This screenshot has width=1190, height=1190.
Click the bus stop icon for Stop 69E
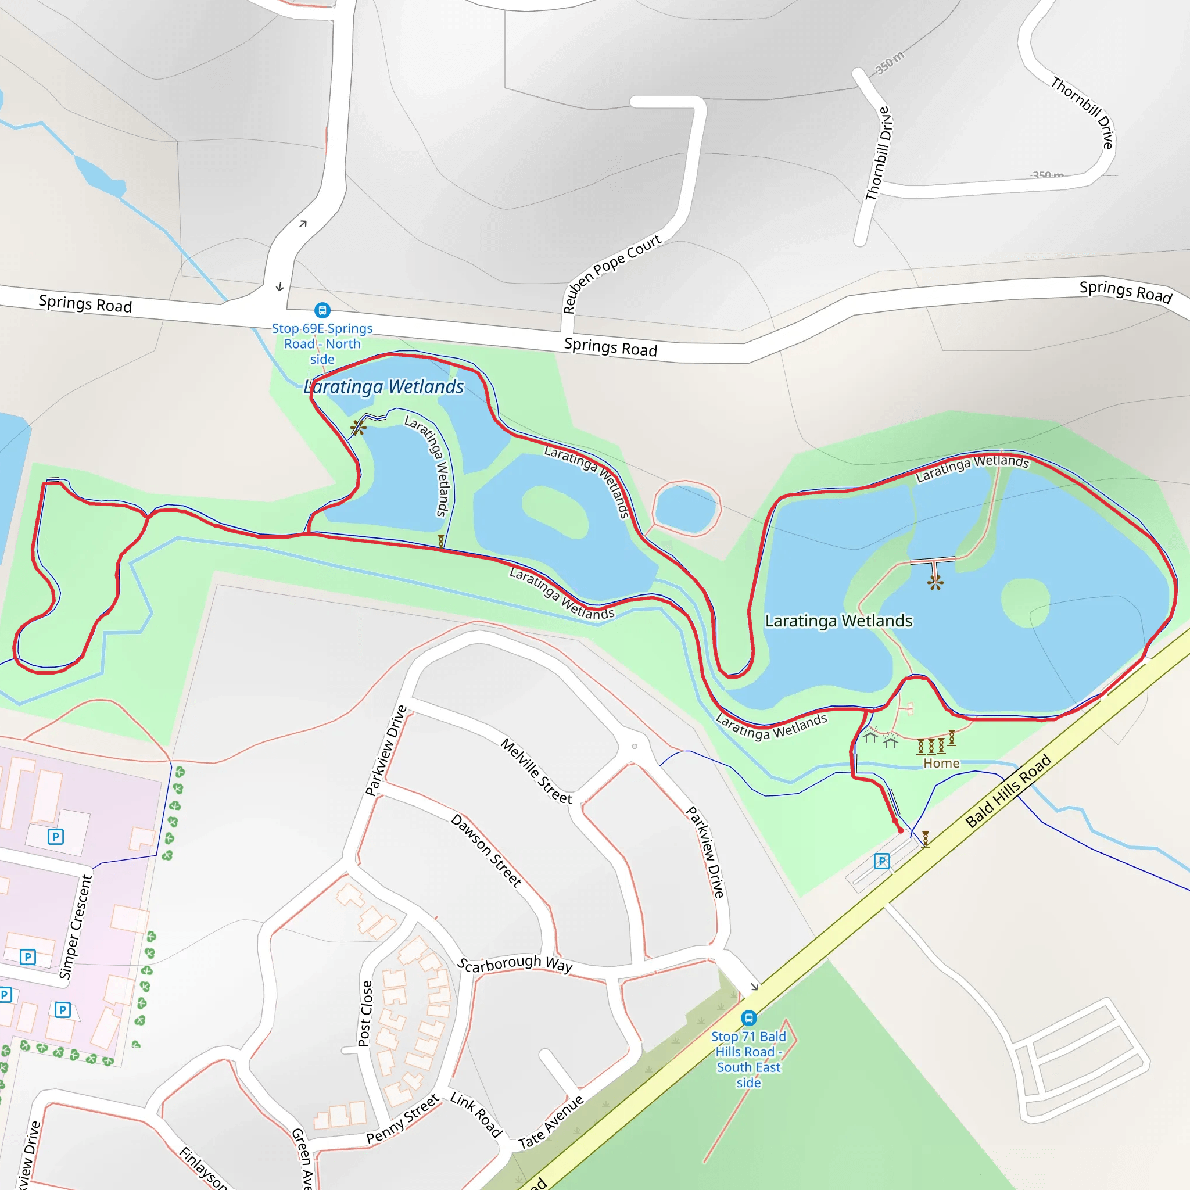point(322,310)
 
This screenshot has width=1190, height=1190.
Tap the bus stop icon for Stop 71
point(748,1017)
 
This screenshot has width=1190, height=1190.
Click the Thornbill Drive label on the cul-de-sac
point(879,154)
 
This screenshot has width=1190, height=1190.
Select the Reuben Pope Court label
point(612,274)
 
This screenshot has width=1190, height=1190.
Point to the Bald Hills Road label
point(1008,790)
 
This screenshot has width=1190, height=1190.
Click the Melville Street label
point(536,771)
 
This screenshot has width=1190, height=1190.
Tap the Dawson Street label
point(486,850)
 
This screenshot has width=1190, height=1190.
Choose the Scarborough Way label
point(515,964)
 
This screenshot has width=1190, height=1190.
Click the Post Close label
point(365,1014)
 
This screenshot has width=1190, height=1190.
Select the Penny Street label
point(403,1119)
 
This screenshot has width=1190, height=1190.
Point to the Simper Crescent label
point(76,927)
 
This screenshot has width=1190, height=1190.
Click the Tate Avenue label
point(551,1121)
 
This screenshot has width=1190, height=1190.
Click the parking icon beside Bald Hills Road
point(881,861)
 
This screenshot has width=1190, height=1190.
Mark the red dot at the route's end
point(901,830)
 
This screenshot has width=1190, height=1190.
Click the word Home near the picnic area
point(941,763)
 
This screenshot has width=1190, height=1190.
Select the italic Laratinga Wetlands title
point(383,386)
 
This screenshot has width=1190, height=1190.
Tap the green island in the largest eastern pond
point(1025,603)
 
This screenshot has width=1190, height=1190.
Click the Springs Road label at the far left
point(85,304)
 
